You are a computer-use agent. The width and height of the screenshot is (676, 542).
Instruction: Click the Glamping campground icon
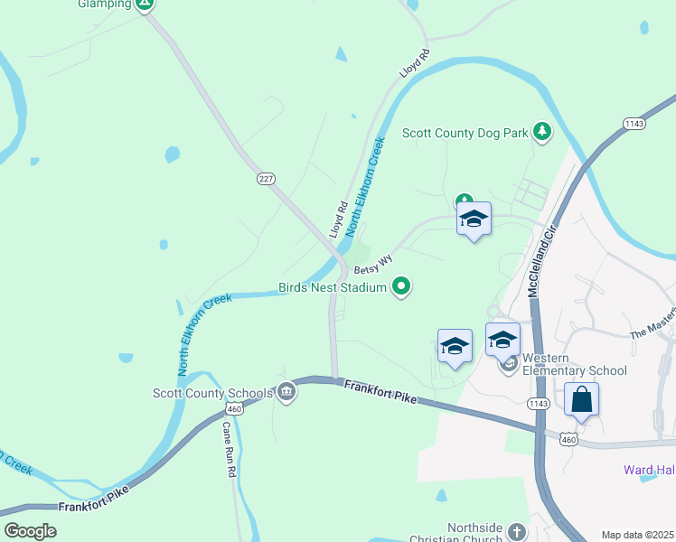pyautogui.click(x=145, y=5)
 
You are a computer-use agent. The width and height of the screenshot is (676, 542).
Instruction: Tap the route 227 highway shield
pyautogui.click(x=265, y=179)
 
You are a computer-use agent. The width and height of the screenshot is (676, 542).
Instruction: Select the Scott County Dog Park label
pyautogui.click(x=465, y=133)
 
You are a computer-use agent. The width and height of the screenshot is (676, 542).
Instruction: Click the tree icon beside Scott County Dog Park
pyautogui.click(x=542, y=133)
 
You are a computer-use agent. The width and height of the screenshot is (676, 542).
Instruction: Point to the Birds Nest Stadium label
pyautogui.click(x=333, y=288)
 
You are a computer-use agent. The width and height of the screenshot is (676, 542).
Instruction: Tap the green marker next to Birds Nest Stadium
pyautogui.click(x=402, y=288)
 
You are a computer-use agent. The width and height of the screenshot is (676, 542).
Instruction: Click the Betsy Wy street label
pyautogui.click(x=373, y=265)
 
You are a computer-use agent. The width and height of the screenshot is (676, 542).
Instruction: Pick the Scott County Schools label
pyautogui.click(x=212, y=393)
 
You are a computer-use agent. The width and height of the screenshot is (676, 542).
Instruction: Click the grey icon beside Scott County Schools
pyautogui.click(x=286, y=392)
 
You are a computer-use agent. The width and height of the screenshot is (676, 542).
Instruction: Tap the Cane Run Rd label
pyautogui.click(x=229, y=449)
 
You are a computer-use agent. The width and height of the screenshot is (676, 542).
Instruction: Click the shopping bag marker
pyautogui.click(x=582, y=399)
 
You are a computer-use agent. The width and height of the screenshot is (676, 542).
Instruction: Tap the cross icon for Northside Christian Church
pyautogui.click(x=516, y=531)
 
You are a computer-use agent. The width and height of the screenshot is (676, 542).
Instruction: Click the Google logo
pyautogui.click(x=30, y=530)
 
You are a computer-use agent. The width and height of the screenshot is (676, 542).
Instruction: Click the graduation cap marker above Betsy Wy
pyautogui.click(x=474, y=220)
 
